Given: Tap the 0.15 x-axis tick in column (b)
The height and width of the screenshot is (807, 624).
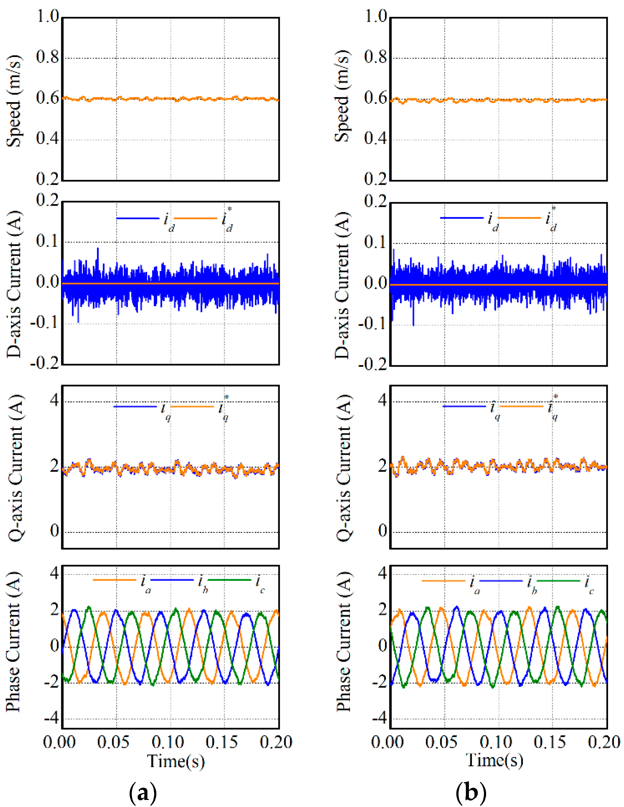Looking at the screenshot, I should [549, 742].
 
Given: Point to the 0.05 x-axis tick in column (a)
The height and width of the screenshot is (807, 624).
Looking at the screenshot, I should [113, 742].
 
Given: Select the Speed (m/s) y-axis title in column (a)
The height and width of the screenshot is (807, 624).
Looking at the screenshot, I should [14, 101].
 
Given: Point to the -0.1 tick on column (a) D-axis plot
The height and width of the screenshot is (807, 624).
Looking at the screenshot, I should [44, 323].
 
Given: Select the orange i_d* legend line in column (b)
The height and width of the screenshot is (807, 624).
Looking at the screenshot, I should [519, 218].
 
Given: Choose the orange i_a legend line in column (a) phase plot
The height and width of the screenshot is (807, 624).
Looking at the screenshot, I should [115, 580].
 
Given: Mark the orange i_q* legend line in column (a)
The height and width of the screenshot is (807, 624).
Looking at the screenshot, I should [192, 406].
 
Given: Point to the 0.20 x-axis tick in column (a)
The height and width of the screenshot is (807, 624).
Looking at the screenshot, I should [276, 742].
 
